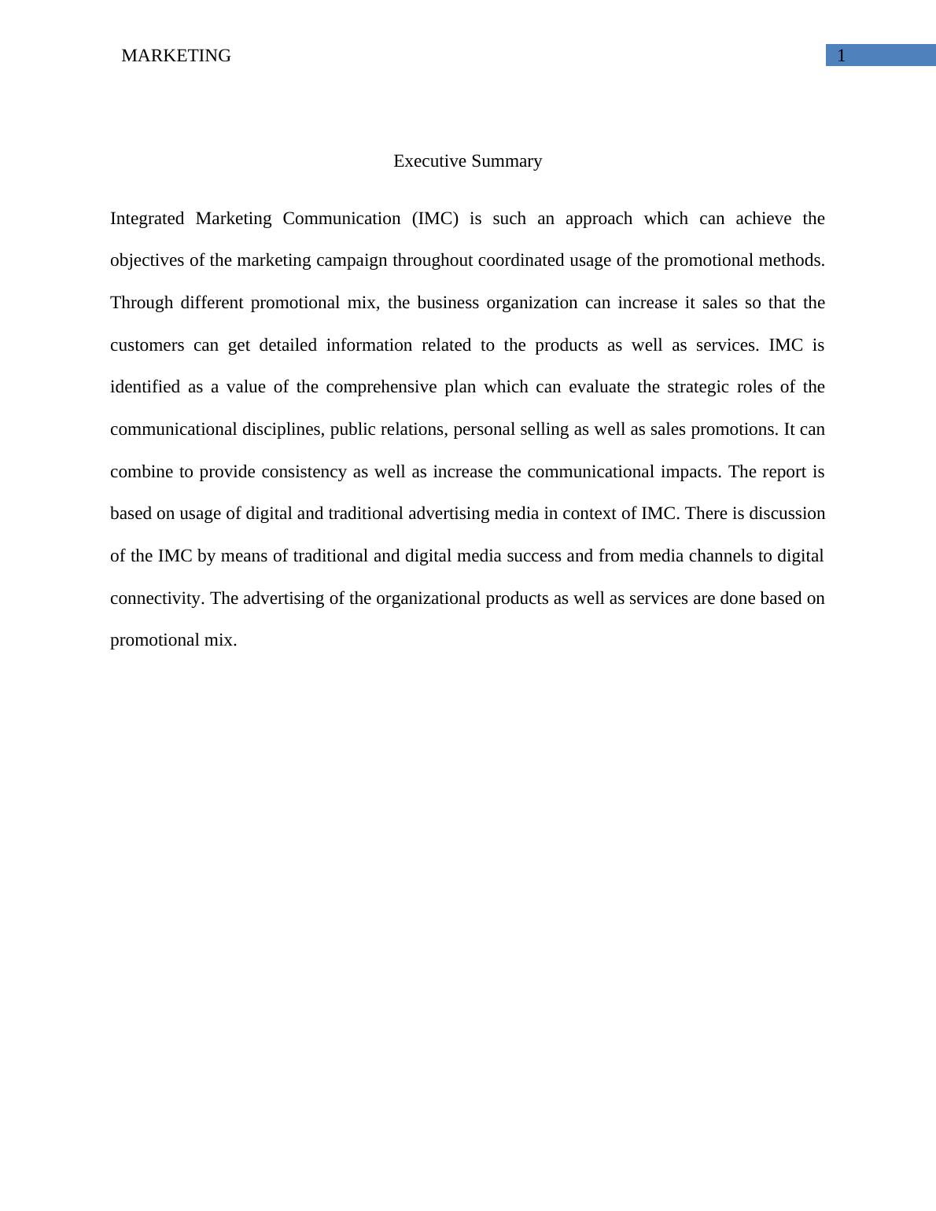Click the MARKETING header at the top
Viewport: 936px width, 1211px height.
coord(176,56)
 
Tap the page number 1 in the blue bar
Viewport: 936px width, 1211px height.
coord(841,56)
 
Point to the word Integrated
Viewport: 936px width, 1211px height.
coord(147,219)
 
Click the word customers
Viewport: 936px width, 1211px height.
coord(147,345)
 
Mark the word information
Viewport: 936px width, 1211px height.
coord(369,345)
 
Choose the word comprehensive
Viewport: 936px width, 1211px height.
coord(381,387)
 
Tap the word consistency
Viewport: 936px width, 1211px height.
coord(304,472)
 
